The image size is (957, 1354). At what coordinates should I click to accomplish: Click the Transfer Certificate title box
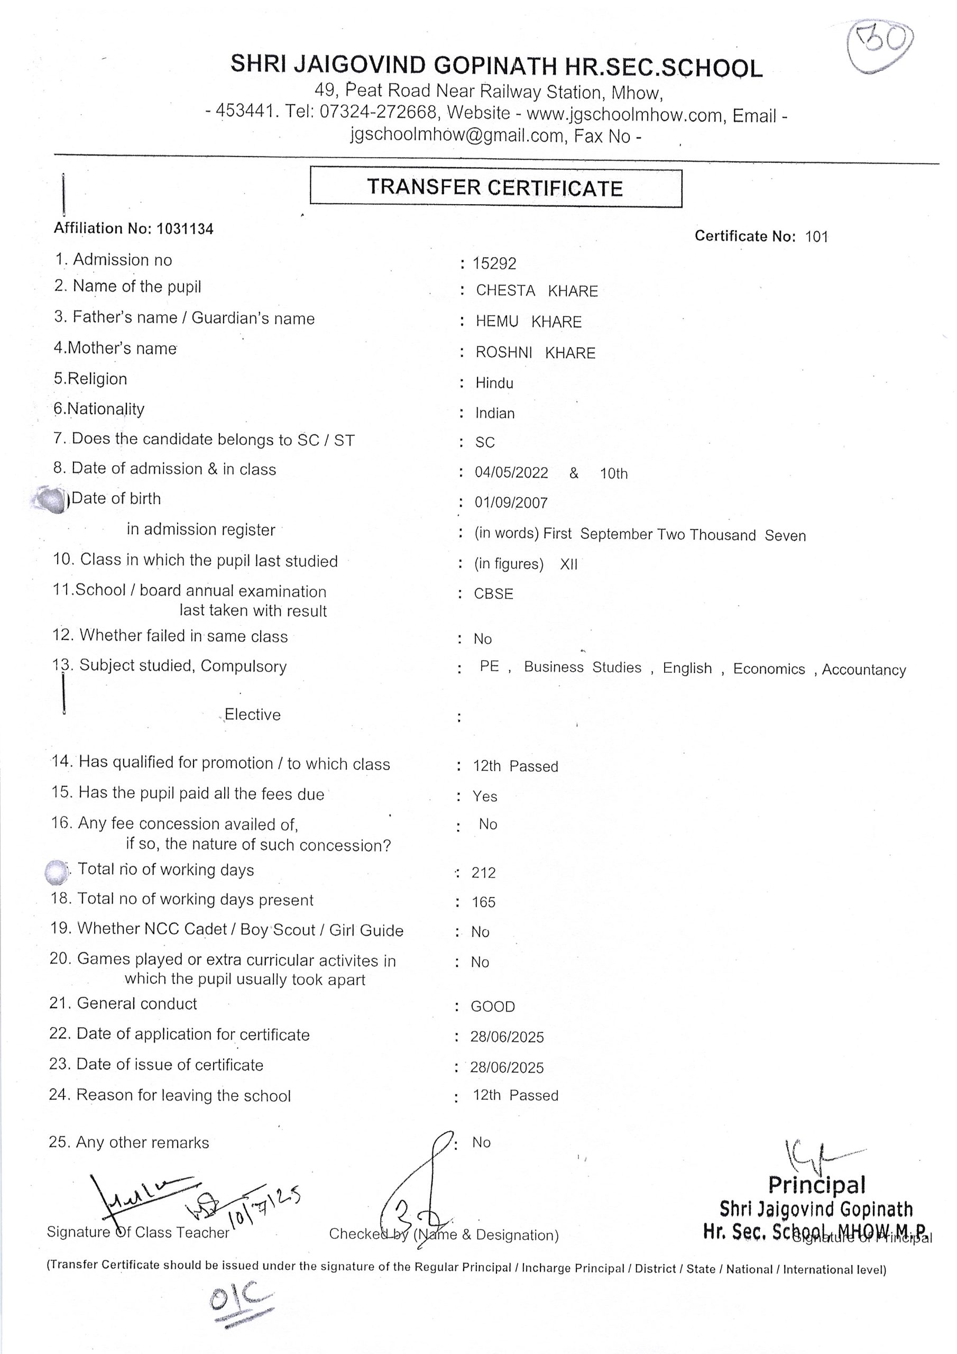[x=495, y=188]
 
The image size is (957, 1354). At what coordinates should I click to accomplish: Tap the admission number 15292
[x=494, y=263]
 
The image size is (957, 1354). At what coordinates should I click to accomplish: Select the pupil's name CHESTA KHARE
[x=537, y=291]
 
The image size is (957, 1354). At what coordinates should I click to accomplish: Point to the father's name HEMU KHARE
[x=528, y=322]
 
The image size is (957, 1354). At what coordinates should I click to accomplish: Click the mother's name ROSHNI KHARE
[x=536, y=353]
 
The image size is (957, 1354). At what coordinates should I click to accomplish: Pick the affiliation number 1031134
[x=185, y=229]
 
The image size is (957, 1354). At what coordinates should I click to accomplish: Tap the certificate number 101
[x=817, y=237]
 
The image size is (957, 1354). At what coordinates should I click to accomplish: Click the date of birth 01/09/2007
[x=511, y=503]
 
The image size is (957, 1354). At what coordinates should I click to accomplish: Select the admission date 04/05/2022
[x=511, y=473]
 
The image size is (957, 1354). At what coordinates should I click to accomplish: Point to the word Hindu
[x=494, y=383]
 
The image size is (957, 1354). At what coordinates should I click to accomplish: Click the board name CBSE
[x=493, y=594]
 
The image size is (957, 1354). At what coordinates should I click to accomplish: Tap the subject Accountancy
[x=863, y=670]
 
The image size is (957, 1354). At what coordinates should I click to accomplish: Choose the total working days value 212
[x=483, y=873]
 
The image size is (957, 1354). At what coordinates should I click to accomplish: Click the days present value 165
[x=483, y=902]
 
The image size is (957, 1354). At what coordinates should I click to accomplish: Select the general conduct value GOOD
[x=492, y=1007]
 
